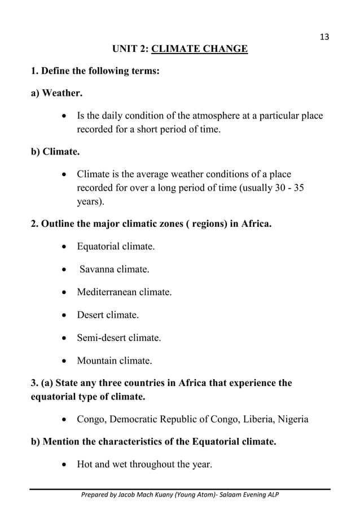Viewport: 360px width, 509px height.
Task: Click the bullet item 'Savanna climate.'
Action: [114, 270]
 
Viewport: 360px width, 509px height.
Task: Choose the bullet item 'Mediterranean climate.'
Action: [124, 293]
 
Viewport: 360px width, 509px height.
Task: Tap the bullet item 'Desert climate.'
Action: [108, 315]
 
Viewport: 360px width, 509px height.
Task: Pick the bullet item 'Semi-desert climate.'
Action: [119, 338]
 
